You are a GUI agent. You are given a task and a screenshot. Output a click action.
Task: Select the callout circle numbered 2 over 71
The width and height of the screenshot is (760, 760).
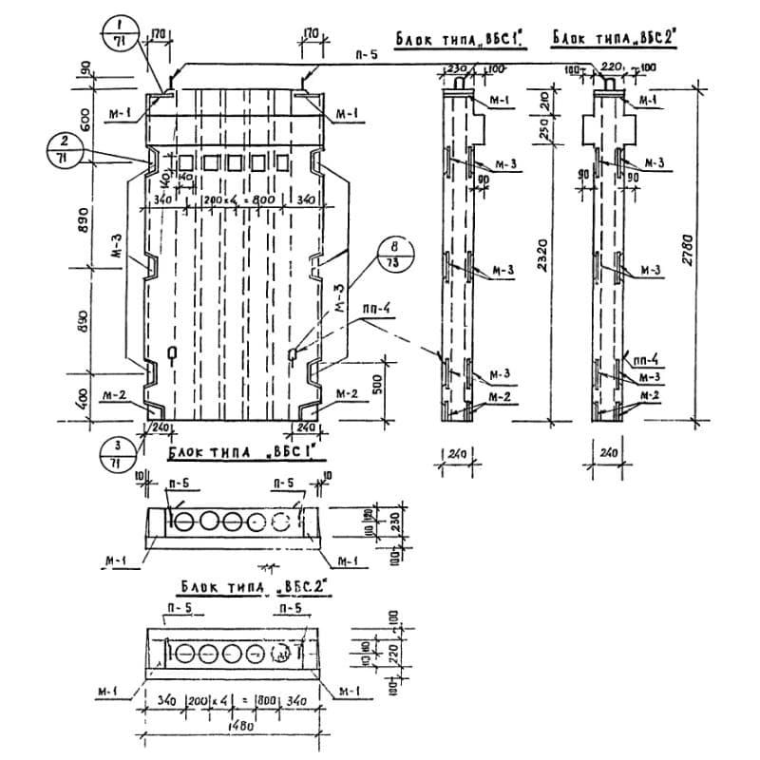tap(65, 149)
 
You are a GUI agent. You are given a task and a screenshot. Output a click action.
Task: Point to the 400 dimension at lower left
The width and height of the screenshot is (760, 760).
tap(83, 397)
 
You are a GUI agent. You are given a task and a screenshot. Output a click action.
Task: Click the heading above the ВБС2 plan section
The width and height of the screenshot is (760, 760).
tap(249, 588)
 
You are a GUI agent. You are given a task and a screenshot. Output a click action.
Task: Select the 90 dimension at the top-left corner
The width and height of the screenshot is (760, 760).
tap(83, 70)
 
